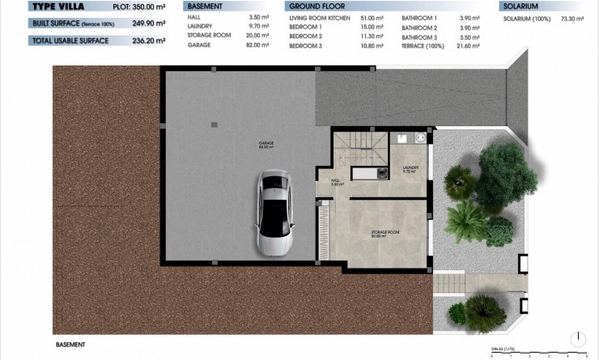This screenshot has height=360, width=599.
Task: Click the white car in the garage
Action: [273, 213]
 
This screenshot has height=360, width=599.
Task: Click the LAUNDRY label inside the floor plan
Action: [410, 170]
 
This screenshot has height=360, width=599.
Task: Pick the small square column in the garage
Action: [214, 124]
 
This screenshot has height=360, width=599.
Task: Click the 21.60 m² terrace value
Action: [469, 44]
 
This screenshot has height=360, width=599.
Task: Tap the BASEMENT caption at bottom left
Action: [72, 344]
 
